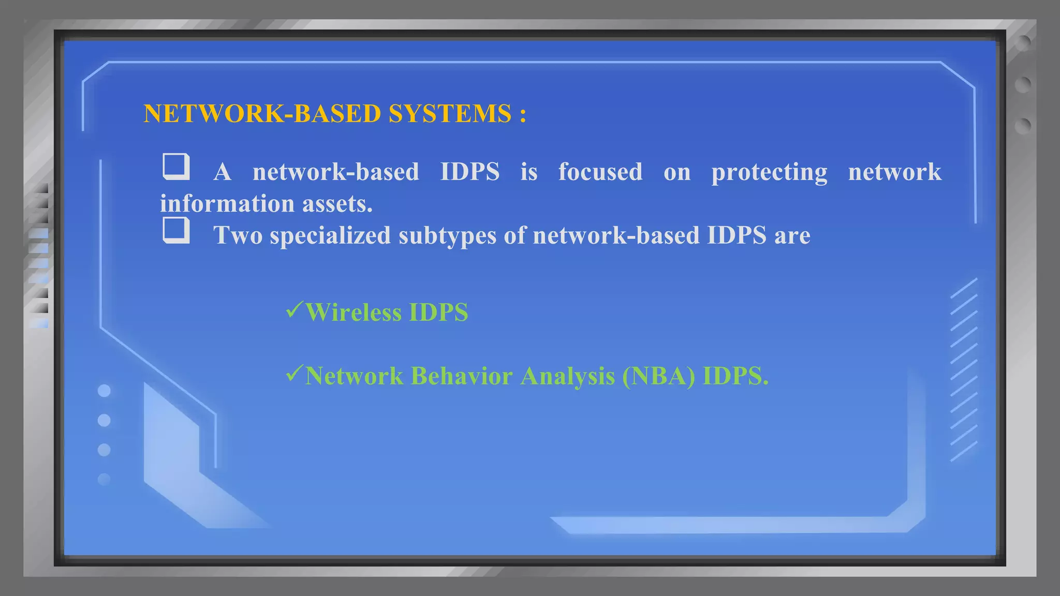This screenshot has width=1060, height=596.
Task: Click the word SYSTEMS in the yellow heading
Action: point(450,113)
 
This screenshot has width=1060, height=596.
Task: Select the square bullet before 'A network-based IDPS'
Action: point(176,167)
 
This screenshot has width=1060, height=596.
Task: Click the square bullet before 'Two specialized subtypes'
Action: point(176,230)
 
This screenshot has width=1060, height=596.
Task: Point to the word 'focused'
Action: point(600,172)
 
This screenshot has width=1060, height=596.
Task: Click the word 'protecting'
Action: point(769,173)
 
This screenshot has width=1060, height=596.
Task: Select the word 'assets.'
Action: point(337,203)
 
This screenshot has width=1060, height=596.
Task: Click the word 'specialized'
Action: point(330,236)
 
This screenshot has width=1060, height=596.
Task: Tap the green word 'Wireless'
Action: point(354,312)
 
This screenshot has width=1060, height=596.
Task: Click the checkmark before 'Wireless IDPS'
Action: point(293,309)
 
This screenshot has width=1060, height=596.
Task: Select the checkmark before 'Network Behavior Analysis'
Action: point(293,373)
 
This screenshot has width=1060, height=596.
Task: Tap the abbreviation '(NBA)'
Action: point(659,376)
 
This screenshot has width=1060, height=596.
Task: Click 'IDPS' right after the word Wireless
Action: point(438,312)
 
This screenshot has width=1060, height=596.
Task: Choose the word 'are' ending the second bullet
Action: point(792,236)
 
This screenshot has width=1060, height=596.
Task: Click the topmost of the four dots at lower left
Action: point(104,391)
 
